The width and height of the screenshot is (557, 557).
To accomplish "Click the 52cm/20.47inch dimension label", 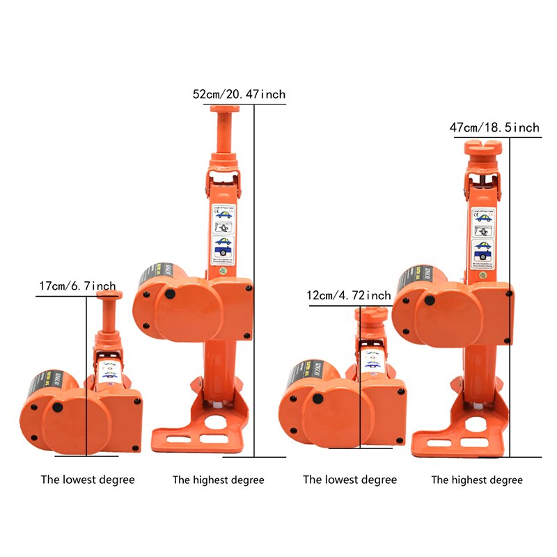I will (239, 94).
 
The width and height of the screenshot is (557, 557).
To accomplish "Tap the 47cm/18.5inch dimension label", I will (494, 127).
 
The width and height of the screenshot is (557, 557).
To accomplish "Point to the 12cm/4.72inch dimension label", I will (349, 296).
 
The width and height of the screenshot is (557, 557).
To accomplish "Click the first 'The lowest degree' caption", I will (88, 480).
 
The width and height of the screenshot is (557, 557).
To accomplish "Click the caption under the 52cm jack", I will (219, 480).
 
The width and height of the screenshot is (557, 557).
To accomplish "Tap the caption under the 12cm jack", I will (350, 480).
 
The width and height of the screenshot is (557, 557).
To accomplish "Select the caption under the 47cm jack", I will (477, 480).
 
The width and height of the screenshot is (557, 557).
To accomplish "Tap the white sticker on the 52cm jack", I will (223, 229).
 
